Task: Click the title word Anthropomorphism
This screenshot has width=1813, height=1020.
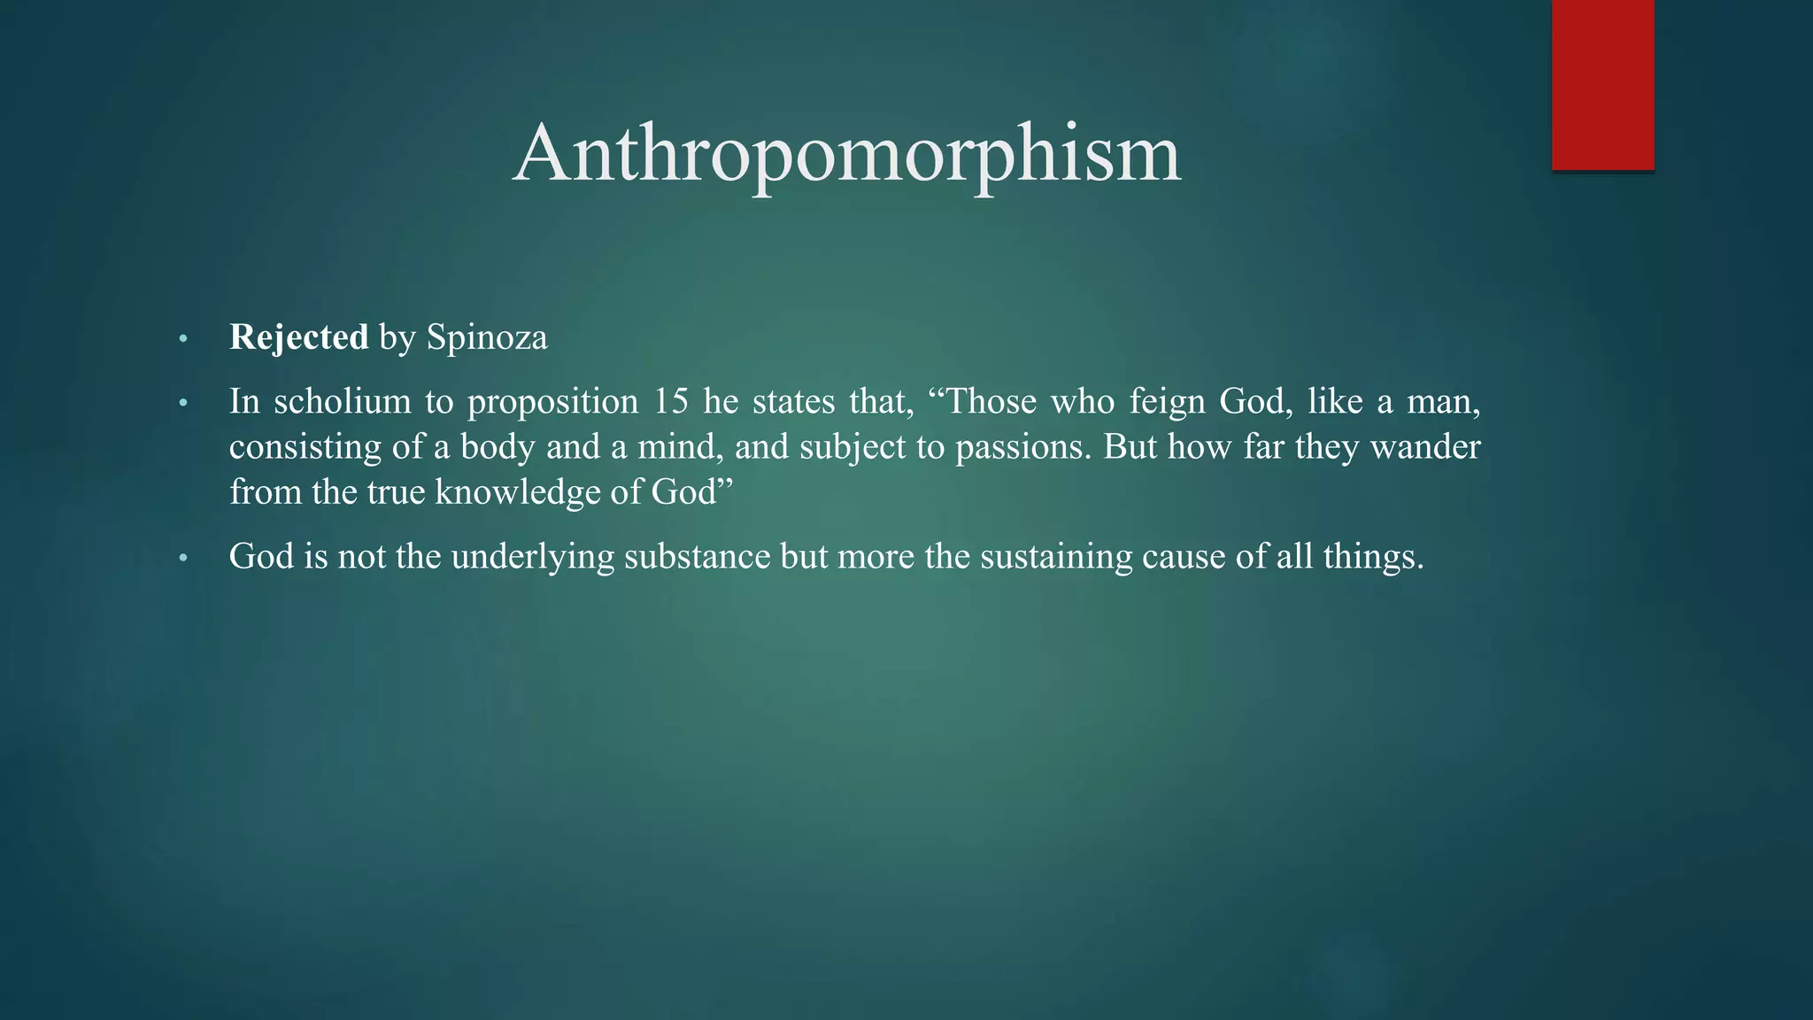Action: [846, 154]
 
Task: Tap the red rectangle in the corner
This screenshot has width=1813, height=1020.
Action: [1602, 84]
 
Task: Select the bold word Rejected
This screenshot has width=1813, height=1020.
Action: [298, 337]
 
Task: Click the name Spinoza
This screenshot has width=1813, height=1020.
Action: [487, 337]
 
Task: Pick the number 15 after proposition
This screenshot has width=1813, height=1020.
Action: [670, 402]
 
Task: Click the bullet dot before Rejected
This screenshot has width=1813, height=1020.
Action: [183, 339]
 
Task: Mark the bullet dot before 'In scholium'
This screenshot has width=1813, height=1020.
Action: [183, 404]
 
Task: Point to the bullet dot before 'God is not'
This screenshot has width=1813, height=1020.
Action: [183, 558]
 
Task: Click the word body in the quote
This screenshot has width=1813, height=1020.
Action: [498, 447]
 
